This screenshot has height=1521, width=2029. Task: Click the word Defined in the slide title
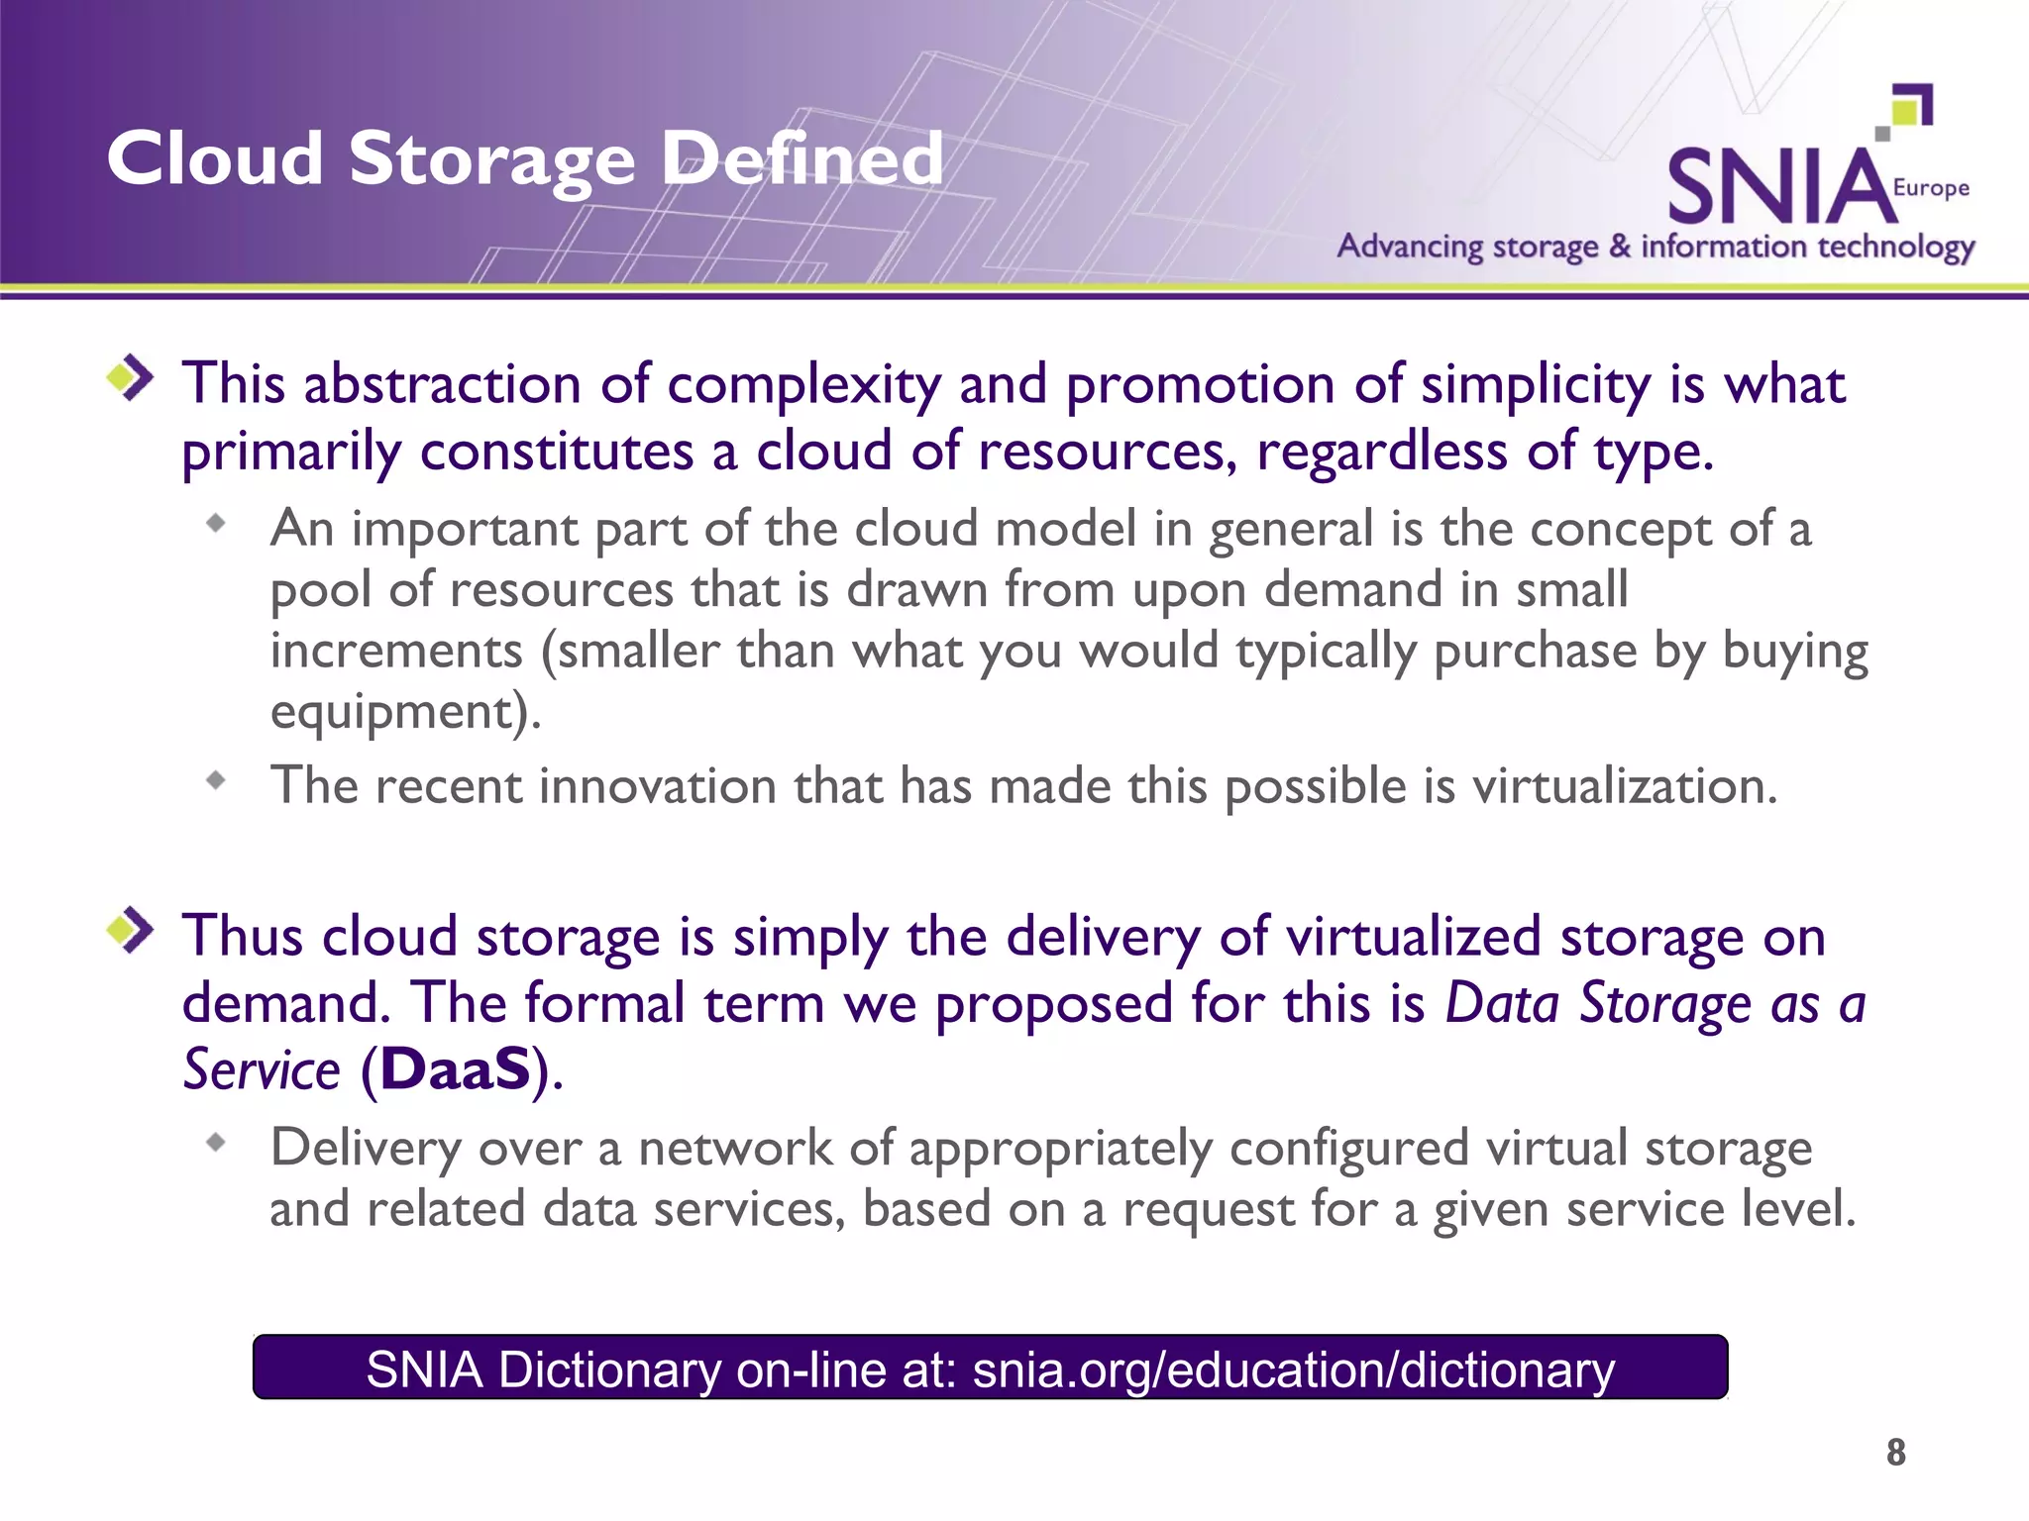pos(802,158)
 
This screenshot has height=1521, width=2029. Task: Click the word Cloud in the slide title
pos(215,158)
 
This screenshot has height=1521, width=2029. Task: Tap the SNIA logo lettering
pos(1778,187)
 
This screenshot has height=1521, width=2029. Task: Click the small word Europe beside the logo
pos(1931,188)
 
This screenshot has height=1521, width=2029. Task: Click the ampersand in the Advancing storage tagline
pos(1620,246)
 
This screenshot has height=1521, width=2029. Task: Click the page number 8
pos(1895,1453)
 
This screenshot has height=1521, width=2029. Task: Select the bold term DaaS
pos(456,1070)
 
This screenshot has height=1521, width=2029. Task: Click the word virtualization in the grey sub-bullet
pos(1625,786)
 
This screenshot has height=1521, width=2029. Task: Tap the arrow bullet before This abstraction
pos(131,378)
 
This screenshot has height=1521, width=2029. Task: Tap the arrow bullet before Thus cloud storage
pos(131,931)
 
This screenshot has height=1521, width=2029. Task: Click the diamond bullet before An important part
pos(216,524)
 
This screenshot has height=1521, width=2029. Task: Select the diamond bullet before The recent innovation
pos(216,781)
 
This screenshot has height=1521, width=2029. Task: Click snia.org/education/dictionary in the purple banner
pos(1293,1370)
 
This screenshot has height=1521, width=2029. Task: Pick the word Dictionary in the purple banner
pos(609,1370)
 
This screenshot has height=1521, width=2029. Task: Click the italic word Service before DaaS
pos(263,1070)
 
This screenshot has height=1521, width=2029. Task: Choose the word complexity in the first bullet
pos(803,384)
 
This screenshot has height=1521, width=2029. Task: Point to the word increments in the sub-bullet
pos(396,652)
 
